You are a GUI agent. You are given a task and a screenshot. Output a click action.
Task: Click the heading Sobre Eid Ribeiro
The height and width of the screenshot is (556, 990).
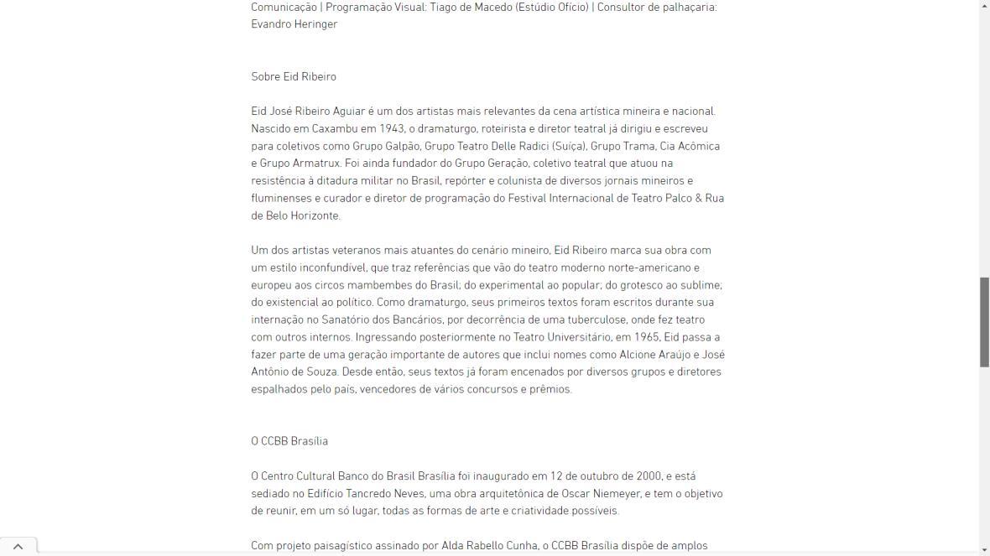tap(294, 76)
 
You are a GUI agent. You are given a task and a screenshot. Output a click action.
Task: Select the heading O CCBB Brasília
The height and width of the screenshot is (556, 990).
tap(289, 441)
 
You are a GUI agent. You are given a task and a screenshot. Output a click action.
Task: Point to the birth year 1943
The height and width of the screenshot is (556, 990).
tap(392, 128)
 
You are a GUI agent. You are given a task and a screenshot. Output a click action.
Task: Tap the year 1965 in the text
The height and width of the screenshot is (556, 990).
tap(646, 337)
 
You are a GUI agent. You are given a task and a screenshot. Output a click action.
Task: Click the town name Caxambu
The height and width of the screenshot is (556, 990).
tap(335, 128)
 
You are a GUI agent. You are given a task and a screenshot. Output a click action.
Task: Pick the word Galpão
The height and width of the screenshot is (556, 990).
tap(399, 146)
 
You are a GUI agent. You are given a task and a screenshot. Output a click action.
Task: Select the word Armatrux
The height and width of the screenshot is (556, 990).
tap(316, 164)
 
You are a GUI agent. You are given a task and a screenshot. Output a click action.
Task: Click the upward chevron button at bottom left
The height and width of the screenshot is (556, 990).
tap(18, 547)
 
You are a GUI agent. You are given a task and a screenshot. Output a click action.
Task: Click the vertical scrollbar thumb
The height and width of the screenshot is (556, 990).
tap(984, 321)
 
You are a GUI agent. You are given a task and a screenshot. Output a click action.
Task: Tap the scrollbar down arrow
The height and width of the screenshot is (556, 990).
tap(984, 549)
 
